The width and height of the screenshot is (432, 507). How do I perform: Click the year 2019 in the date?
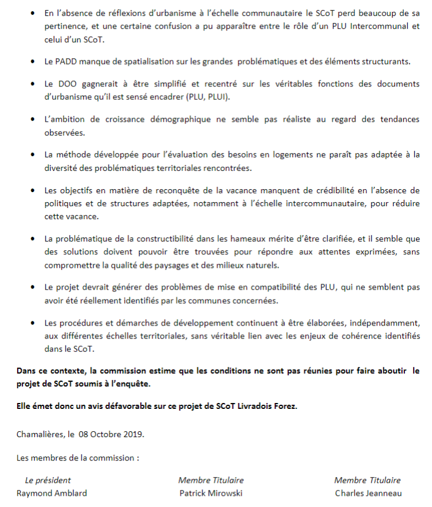pos(132,434)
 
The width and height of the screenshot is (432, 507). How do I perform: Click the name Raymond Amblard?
pos(52,493)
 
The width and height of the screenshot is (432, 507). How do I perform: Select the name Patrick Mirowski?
pos(211,493)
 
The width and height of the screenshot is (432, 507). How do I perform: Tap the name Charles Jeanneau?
pos(368,493)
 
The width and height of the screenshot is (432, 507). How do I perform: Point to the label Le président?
pos(48,480)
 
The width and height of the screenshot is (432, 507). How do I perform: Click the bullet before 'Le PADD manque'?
pos(31,62)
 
